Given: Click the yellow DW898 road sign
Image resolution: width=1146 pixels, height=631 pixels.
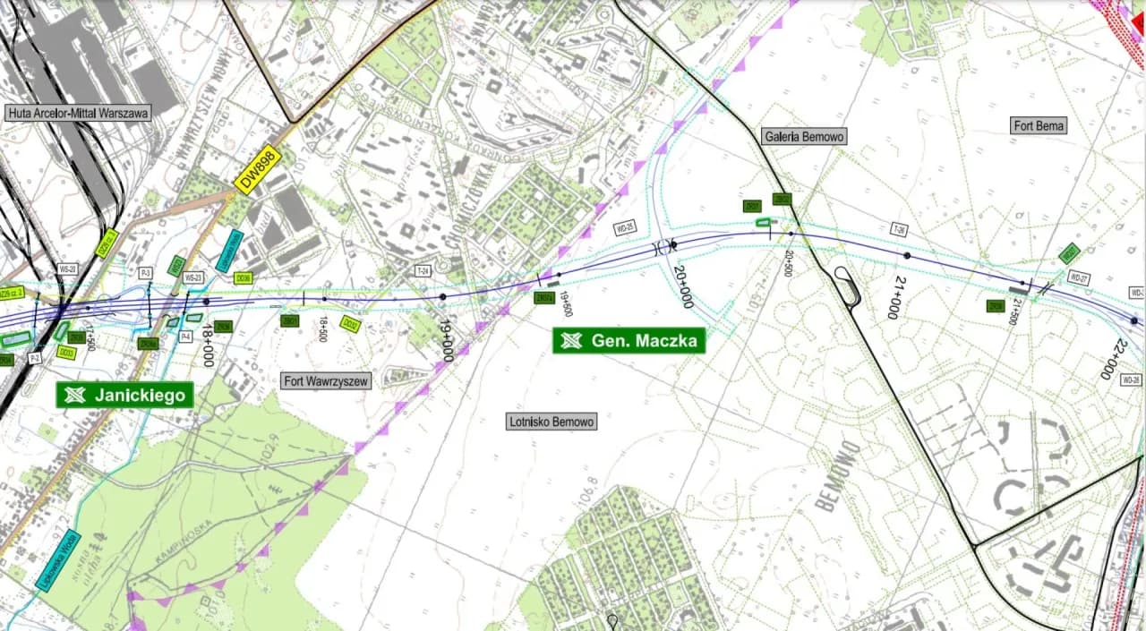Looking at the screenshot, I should pyautogui.click(x=258, y=169).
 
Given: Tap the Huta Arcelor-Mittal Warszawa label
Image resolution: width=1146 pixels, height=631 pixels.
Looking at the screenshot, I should pyautogui.click(x=79, y=113).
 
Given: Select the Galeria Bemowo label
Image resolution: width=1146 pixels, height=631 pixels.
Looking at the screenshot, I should pyautogui.click(x=804, y=136).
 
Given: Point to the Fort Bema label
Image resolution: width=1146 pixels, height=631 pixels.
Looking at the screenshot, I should pyautogui.click(x=1039, y=126).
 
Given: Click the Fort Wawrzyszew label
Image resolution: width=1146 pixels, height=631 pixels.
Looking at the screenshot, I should pyautogui.click(x=326, y=381).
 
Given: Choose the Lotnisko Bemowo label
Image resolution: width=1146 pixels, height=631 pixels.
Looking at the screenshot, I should pyautogui.click(x=551, y=421).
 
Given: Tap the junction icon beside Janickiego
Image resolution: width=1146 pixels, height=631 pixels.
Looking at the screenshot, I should pyautogui.click(x=75, y=395).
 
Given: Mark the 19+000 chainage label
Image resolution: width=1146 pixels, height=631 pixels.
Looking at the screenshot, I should pyautogui.click(x=446, y=339).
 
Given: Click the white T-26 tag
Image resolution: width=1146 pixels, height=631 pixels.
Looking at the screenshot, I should pyautogui.click(x=899, y=231).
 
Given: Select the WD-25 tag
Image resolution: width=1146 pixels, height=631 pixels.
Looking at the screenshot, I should pyautogui.click(x=625, y=227).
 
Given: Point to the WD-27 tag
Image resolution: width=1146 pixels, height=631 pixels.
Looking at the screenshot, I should pyautogui.click(x=1079, y=278).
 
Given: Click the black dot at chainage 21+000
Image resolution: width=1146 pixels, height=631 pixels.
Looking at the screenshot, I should pyautogui.click(x=907, y=256).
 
